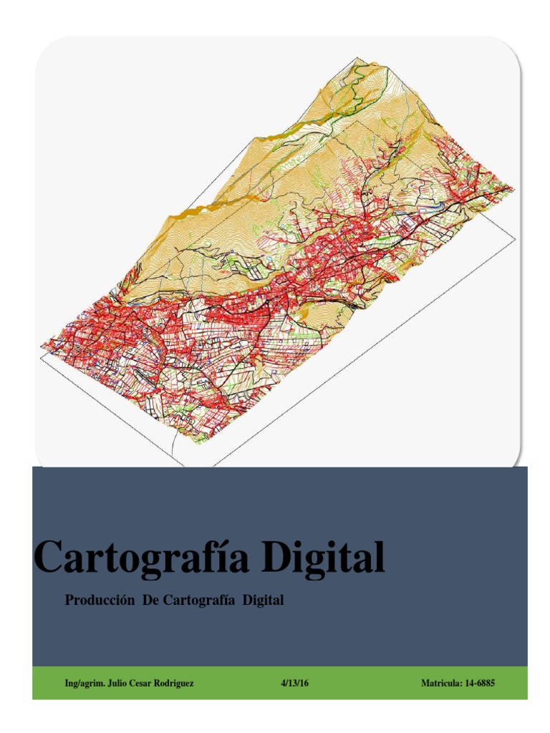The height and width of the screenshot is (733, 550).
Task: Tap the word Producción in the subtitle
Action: (100, 601)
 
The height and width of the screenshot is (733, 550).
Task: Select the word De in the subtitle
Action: (150, 601)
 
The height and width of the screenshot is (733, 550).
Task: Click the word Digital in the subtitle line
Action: (263, 601)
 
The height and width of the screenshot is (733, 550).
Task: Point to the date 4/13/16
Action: (294, 684)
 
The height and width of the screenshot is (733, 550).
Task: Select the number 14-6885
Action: (479, 684)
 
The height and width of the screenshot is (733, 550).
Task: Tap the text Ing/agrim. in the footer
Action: (85, 684)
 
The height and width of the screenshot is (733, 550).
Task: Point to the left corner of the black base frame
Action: (42, 356)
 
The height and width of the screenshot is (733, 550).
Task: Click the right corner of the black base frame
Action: (514, 238)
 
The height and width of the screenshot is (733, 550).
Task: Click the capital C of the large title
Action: (50, 558)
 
